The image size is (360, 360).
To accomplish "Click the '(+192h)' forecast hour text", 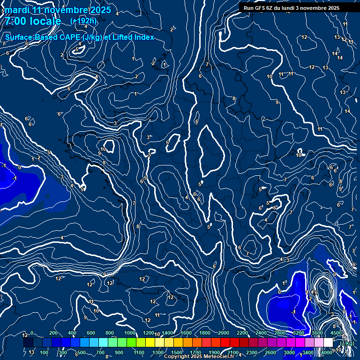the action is pyautogui.click(x=83, y=21).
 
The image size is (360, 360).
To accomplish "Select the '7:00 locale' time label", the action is pyautogui.click(x=33, y=21).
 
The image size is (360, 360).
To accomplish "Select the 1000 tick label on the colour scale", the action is pyautogui.click(x=129, y=333).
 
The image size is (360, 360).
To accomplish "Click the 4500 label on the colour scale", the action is pyautogui.click(x=336, y=333).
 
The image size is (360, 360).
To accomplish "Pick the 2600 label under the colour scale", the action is pyautogui.click(x=270, y=352).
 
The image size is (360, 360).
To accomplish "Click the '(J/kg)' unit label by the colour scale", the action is pyautogui.click(x=346, y=343).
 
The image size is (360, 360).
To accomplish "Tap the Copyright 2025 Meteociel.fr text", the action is pyautogui.click(x=202, y=357).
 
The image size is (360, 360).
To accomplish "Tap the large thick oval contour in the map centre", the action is pyautogui.click(x=211, y=149).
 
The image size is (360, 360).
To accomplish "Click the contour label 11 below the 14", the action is pyautogui.click(x=320, y=129).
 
